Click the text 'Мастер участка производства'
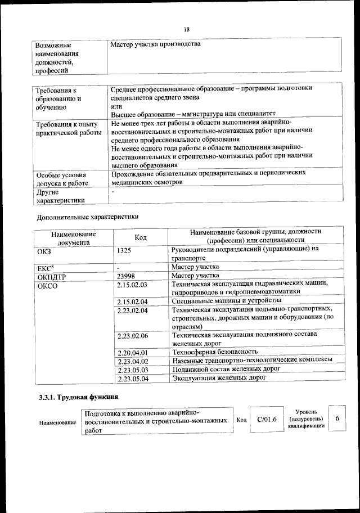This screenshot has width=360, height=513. pos(156,44)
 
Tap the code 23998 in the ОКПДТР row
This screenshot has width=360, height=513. pos(128,276)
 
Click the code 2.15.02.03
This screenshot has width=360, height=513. pos(132,285)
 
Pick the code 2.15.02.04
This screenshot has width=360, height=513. pos(132,301)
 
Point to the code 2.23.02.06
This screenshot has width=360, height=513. pos(132,336)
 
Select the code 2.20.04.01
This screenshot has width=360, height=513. pos(132,352)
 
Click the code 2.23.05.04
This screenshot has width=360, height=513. pos(132,379)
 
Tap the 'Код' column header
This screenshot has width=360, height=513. pos(141,238)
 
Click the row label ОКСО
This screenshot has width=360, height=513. pos(48,286)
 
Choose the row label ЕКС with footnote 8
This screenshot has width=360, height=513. pos(45,267)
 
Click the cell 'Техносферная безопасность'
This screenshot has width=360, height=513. pos(215,352)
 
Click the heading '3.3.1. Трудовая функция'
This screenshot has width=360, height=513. pos(73,398)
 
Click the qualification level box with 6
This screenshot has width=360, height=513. pos(336,419)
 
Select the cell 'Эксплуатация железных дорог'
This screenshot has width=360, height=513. pos(219,378)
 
